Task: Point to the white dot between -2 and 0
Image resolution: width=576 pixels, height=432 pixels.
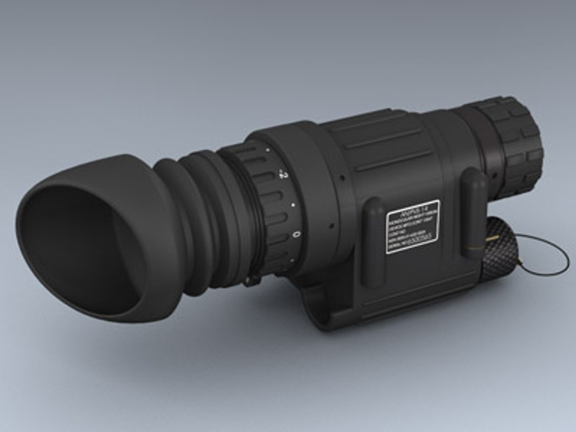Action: [293, 205]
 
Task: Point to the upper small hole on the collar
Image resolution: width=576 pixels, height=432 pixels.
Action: [342, 177]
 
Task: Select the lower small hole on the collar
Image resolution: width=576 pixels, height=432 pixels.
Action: [332, 226]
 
